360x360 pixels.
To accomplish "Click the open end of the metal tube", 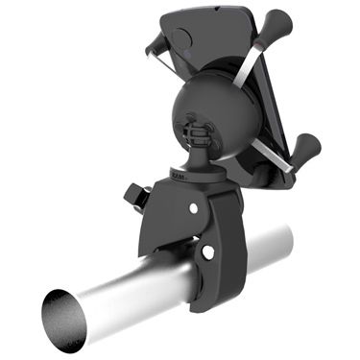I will (x=65, y=318).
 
